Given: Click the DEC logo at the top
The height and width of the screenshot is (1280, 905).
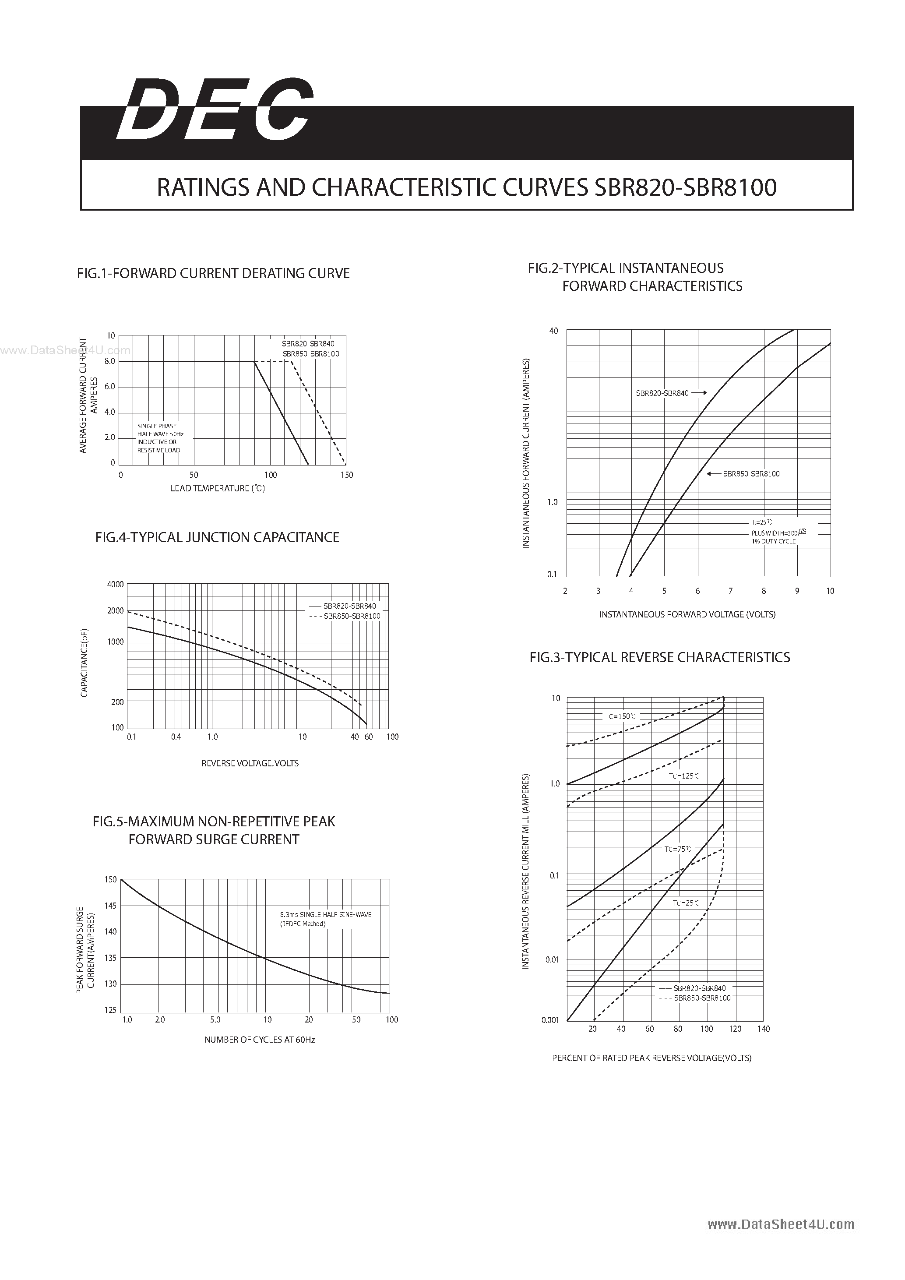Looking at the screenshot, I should tap(215, 109).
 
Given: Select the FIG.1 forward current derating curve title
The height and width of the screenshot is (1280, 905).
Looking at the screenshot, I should tap(213, 273).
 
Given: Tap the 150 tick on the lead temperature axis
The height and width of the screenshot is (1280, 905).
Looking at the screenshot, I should tap(347, 475).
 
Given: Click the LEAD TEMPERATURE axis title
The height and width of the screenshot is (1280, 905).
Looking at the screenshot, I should tap(217, 488).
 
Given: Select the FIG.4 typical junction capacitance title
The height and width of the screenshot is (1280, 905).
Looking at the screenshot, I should tap(217, 537).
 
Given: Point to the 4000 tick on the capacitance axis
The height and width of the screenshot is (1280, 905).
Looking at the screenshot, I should tap(115, 584).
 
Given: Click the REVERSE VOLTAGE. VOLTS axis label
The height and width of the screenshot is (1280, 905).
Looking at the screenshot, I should tap(250, 763).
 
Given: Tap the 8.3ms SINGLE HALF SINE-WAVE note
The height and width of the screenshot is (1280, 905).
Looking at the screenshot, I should tap(325, 915).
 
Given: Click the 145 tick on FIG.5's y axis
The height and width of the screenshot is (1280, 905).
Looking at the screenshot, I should tap(110, 906).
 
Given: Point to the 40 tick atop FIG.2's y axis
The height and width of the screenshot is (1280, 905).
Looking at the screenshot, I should tap(553, 331).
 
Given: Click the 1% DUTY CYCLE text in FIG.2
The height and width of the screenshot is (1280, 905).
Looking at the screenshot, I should tap(774, 541).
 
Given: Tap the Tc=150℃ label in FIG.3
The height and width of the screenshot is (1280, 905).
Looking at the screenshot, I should tap(620, 716).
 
